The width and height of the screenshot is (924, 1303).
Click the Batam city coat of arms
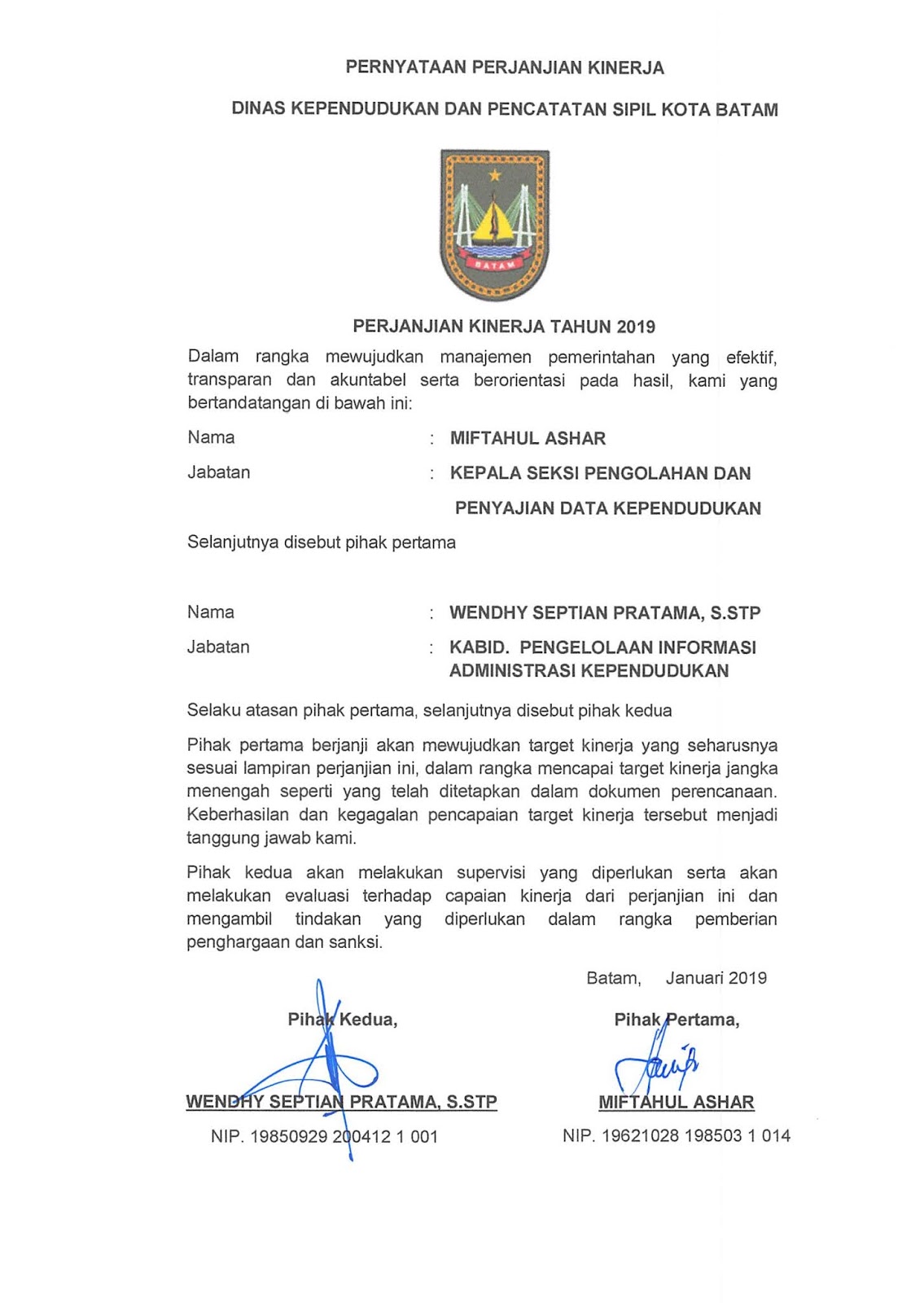pyautogui.click(x=494, y=226)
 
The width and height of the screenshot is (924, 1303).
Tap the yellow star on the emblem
pyautogui.click(x=494, y=175)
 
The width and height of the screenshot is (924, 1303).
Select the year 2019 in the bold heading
pyautogui.click(x=636, y=327)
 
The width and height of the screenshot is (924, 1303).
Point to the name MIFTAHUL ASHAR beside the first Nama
pyautogui.click(x=528, y=439)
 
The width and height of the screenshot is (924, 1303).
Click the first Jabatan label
pyautogui.click(x=219, y=472)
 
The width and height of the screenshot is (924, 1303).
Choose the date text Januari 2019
pyautogui.click(x=716, y=978)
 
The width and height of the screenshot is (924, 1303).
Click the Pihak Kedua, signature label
pyautogui.click(x=343, y=1020)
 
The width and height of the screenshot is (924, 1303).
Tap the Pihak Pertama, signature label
pyautogui.click(x=677, y=1020)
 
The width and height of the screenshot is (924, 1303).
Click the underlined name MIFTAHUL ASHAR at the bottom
pyautogui.click(x=676, y=1103)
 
